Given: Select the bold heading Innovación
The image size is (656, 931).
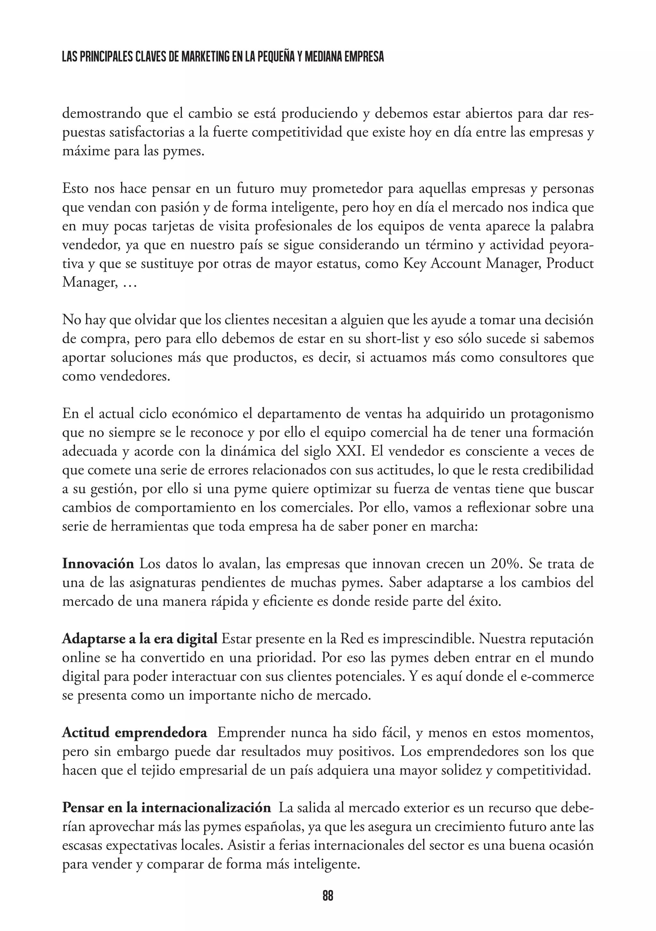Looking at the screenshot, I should click(98, 564).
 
